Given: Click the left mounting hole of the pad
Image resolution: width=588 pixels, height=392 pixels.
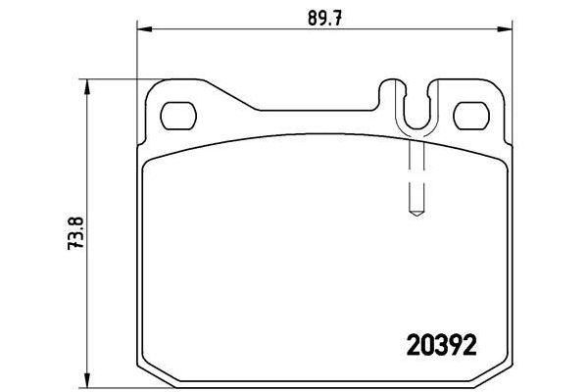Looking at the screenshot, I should click(178, 115).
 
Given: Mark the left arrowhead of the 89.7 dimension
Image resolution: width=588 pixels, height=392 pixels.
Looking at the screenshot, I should click(139, 30).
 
